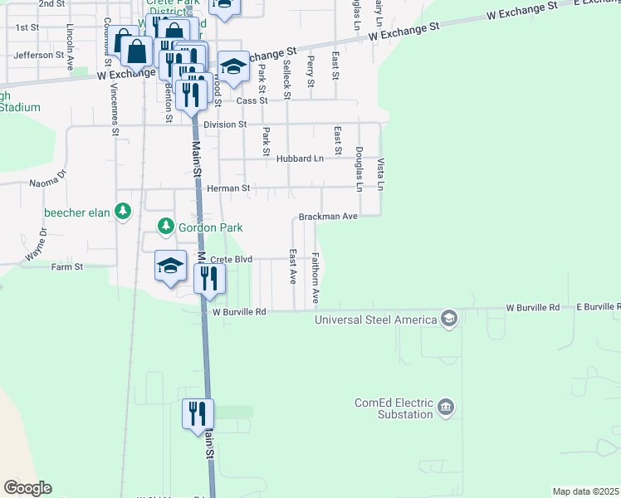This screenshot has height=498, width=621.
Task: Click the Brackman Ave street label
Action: pos(329,216)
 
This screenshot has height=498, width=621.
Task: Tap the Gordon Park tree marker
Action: pos(166,227)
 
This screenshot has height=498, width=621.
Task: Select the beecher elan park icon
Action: pos(123,212)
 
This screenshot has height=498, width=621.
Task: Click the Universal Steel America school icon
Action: pos(449,320)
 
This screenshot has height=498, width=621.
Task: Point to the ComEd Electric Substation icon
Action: pos(447,408)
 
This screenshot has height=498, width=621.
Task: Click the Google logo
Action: pos(27,488)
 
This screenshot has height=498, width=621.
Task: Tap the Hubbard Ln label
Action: pos(301,158)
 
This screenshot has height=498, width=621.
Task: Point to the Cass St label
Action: pos(252,100)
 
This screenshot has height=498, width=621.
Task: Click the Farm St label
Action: pos(67,267)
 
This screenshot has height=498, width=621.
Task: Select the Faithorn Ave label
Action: pos(315,277)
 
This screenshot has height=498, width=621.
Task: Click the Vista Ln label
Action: pos(381,173)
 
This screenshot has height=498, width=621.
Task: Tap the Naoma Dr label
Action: pos(47,182)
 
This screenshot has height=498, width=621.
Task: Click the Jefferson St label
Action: pos(39,55)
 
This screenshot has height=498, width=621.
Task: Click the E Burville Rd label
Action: pos(599,307)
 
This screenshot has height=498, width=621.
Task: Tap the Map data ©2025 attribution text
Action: pos(586,491)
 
